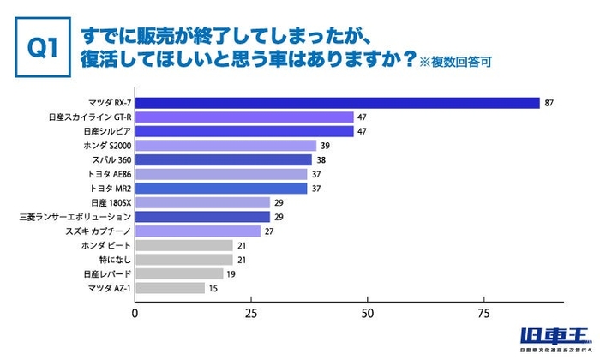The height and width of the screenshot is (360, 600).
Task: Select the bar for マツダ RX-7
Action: (x=337, y=103)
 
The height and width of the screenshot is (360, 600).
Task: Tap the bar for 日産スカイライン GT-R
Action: (x=244, y=117)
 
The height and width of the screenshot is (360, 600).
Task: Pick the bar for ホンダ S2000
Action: (x=225, y=146)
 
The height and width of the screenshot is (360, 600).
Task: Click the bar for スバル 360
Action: (x=223, y=159)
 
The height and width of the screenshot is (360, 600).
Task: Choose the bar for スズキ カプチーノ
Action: (x=197, y=231)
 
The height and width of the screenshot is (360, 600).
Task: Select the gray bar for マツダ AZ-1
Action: (x=170, y=288)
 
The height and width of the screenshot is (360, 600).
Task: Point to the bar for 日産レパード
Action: (x=179, y=273)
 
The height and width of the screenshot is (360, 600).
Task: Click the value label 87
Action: (x=549, y=103)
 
